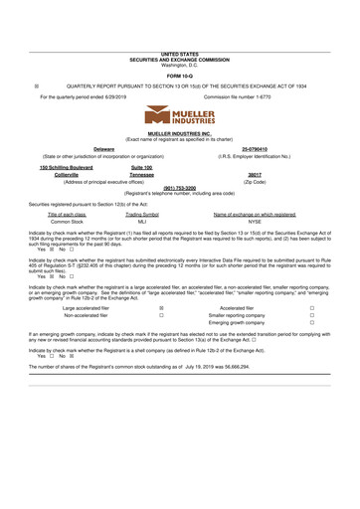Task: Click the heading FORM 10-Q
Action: [x=180, y=76]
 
